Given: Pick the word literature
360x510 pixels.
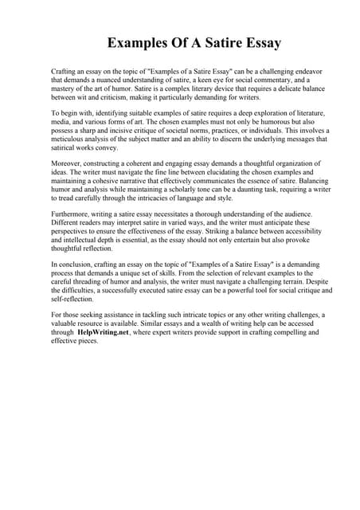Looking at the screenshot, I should coord(293,115).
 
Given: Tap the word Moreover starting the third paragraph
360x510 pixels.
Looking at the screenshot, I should coord(68,163).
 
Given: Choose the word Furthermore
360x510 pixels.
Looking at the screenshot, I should coord(73,213).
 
